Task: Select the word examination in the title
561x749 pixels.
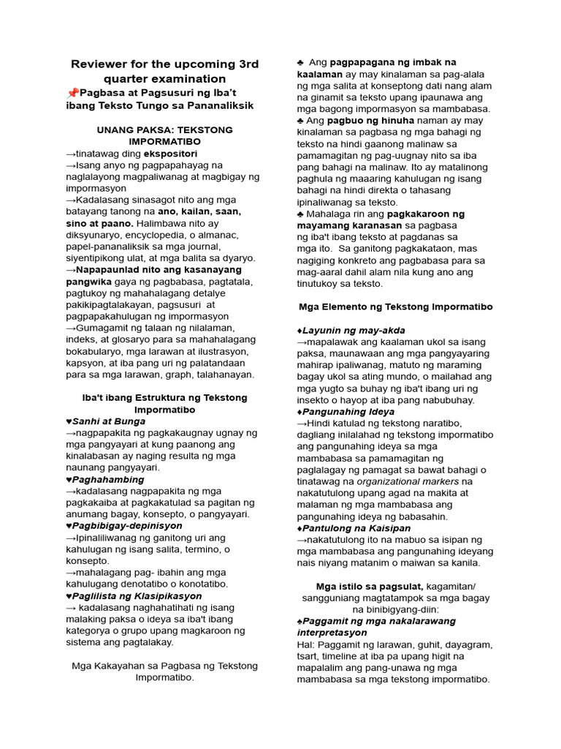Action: pos(191,79)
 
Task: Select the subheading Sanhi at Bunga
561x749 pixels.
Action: pos(109,421)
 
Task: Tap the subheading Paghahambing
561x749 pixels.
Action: pos(106,479)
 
